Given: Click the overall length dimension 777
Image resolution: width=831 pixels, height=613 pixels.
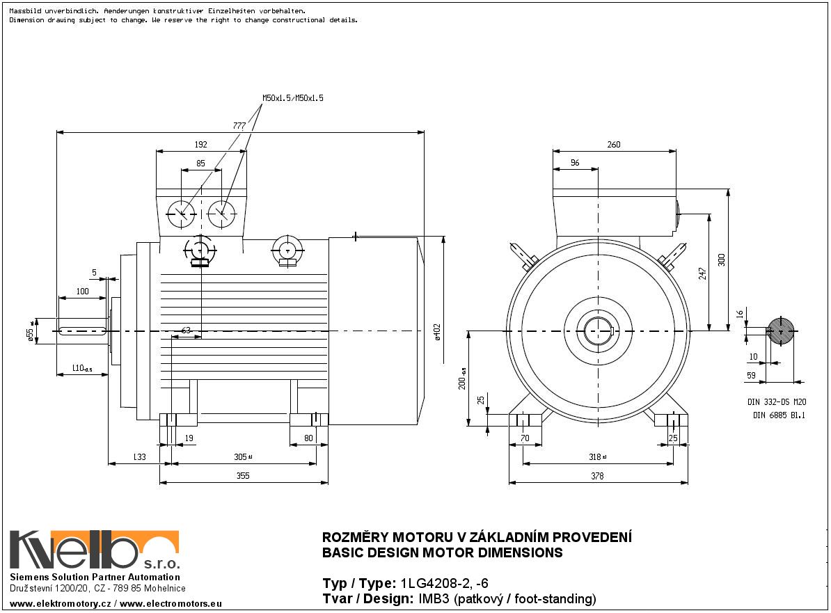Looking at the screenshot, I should [x=239, y=126].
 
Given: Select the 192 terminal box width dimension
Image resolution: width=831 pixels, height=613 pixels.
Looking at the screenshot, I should [x=200, y=145].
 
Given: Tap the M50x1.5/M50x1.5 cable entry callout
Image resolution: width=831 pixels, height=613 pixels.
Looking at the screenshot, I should [x=293, y=99].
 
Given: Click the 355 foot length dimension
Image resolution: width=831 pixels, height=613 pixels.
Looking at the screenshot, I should [x=242, y=476].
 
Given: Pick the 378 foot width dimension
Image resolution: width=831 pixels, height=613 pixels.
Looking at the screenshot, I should [x=597, y=476].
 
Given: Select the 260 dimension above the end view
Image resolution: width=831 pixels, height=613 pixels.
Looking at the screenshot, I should [x=613, y=145].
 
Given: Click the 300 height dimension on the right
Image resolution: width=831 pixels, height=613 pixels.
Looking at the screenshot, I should [x=722, y=259].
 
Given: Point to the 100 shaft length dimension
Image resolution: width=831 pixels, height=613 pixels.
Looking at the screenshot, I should [x=82, y=292].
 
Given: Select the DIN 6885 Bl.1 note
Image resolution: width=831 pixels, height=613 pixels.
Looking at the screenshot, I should [x=779, y=415].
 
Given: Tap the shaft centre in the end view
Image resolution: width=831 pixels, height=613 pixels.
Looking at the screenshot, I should [x=597, y=331].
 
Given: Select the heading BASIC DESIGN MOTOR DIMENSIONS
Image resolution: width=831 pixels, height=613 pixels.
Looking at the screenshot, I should [x=442, y=553].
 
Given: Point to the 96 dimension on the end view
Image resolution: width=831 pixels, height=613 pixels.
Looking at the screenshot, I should [x=575, y=163].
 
